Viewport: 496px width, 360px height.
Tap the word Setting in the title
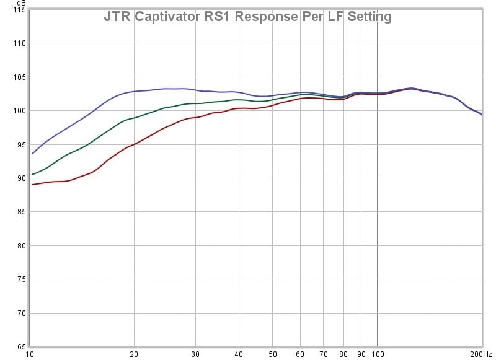369,17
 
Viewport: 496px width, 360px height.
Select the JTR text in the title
117,17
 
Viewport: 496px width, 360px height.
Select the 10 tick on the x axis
30,354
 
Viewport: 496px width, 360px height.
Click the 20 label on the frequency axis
134,354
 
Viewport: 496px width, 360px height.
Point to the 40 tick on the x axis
238,354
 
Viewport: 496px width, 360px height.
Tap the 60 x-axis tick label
299,354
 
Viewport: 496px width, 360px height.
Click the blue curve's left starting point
32,153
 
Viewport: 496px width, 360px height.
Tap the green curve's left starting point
32,174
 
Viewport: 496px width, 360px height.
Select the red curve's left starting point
32,185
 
